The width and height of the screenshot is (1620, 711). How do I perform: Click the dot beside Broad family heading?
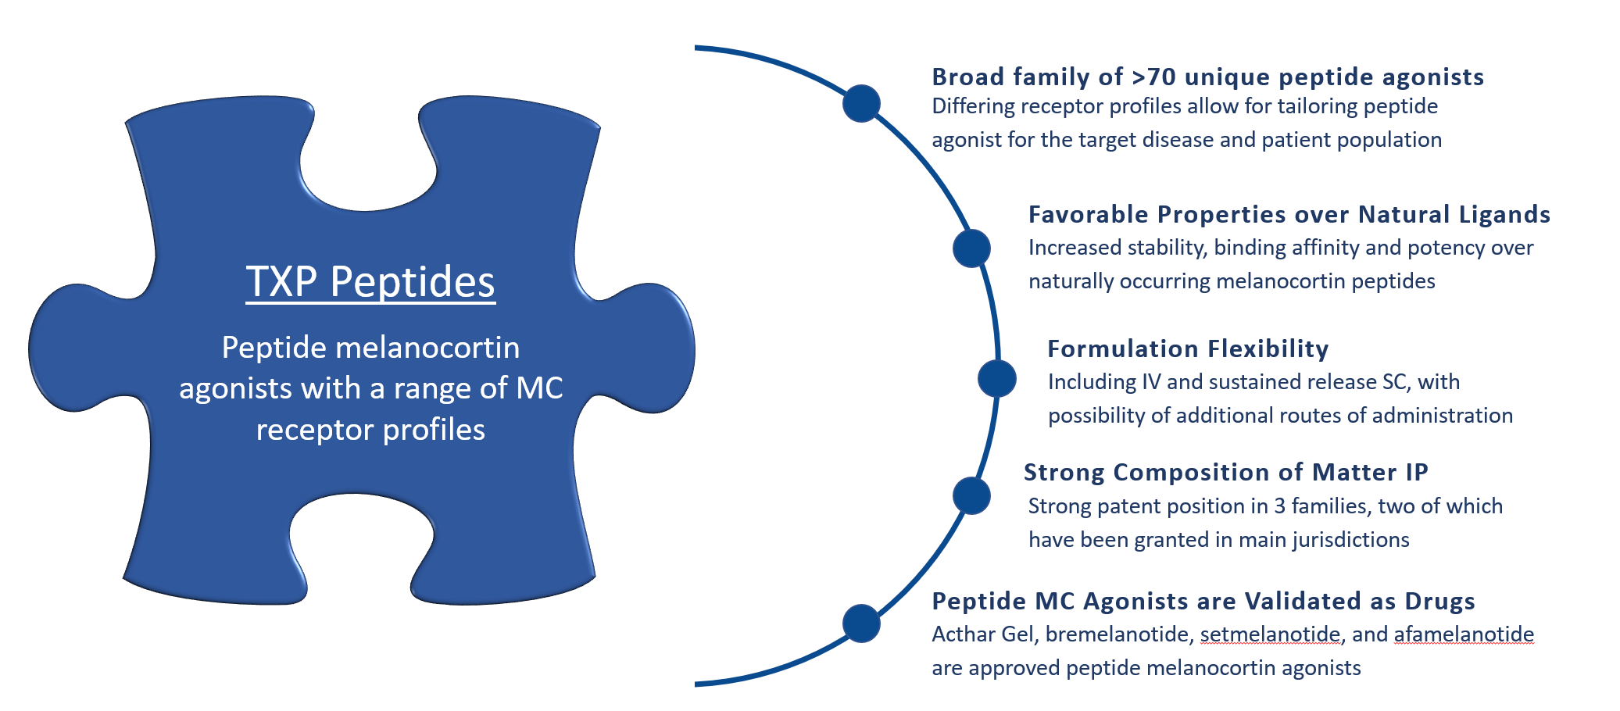[861, 103]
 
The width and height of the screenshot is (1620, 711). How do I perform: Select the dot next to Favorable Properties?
[971, 248]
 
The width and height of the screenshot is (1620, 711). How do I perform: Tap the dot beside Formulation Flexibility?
[996, 378]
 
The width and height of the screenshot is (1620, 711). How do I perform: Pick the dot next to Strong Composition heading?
[971, 495]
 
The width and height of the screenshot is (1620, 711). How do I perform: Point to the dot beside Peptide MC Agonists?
[861, 623]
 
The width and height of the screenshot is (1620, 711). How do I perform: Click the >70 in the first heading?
[1153, 77]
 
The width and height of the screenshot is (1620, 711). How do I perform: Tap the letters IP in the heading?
[1417, 472]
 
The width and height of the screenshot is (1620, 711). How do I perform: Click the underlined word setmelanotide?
[1270, 634]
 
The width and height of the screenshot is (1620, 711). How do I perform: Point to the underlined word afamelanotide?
[1464, 634]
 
